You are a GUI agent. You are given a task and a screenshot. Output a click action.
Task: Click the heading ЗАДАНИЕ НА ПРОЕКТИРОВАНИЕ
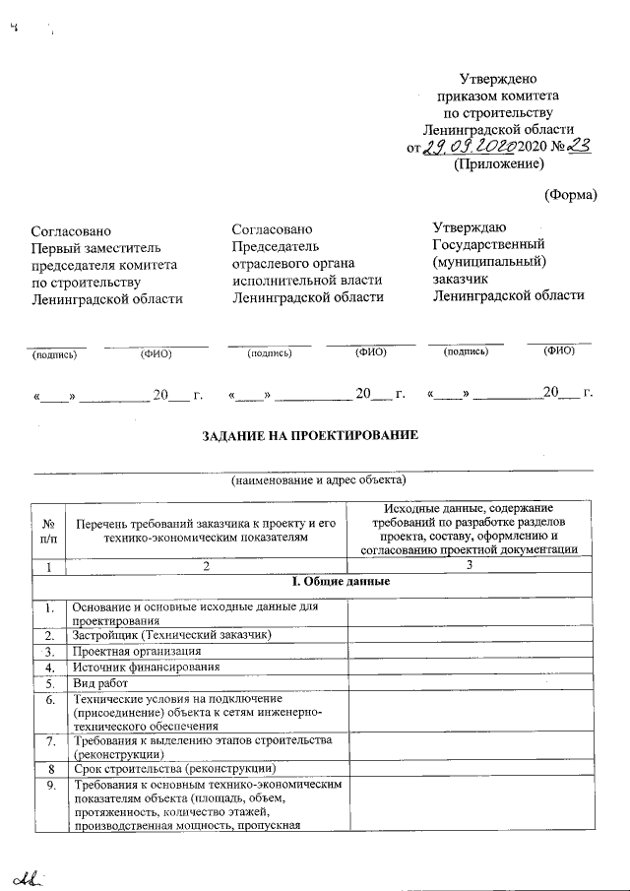[x=310, y=435]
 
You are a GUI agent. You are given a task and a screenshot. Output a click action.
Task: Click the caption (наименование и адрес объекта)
[x=319, y=481]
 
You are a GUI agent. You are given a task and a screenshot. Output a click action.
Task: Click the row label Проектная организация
[x=138, y=651]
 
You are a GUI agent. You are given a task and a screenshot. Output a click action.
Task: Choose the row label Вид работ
[x=102, y=681]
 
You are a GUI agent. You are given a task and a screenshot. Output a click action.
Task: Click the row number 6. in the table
[x=49, y=698]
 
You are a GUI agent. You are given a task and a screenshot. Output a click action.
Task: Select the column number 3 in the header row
[x=470, y=565]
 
